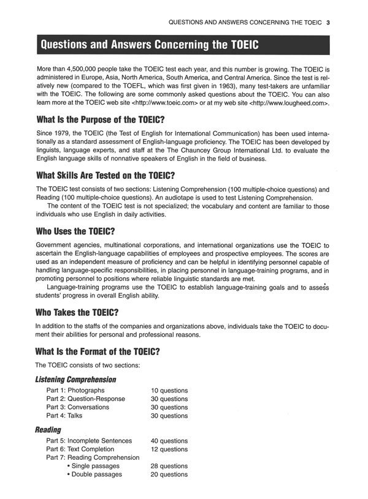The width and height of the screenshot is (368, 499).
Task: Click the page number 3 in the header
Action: click(329, 24)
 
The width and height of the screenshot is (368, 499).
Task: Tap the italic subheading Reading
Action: click(48, 430)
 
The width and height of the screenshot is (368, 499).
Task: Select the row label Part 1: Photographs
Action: click(75, 391)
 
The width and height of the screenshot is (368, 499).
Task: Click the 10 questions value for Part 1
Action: click(169, 391)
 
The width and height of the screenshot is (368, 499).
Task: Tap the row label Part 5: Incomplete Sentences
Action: click(89, 441)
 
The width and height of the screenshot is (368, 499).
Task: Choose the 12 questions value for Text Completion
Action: click(169, 449)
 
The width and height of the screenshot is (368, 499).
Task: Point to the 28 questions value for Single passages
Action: click(169, 466)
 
